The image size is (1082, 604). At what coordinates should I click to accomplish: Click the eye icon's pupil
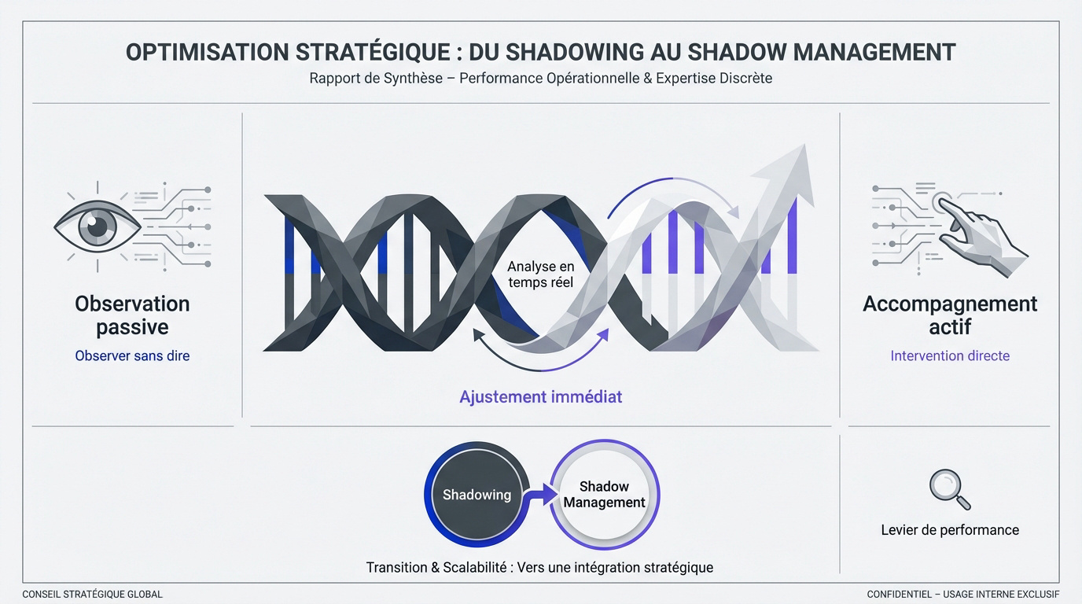click(x=98, y=226)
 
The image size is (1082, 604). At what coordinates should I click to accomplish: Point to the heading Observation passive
click(x=132, y=315)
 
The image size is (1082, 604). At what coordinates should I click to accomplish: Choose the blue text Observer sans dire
click(x=132, y=355)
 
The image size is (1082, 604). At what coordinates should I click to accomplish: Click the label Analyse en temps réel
click(x=540, y=274)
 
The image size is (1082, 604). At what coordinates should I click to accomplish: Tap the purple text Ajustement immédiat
click(x=540, y=396)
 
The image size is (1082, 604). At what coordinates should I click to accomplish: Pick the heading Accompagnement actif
click(x=950, y=315)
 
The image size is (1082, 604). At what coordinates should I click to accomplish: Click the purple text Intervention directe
click(x=950, y=355)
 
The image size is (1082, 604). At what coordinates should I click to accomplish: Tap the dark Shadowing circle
click(x=477, y=495)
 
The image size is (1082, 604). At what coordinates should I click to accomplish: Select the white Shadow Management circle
click(x=604, y=495)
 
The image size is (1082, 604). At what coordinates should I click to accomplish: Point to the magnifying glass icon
click(x=948, y=488)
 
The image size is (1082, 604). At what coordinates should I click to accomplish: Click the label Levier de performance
click(x=950, y=530)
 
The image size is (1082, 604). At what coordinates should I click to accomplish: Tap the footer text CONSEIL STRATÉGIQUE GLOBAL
click(x=92, y=595)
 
